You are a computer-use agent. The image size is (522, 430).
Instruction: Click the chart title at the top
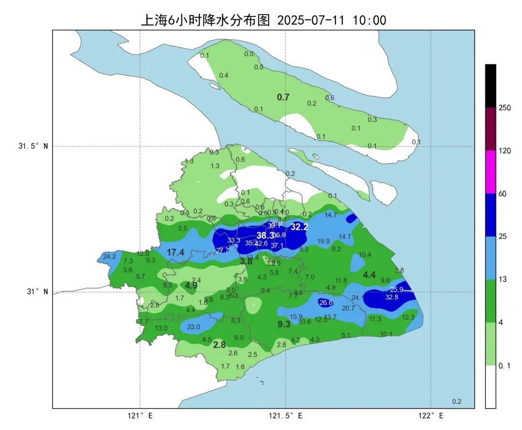[263, 20]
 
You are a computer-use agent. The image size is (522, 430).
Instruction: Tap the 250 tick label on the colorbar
[505, 108]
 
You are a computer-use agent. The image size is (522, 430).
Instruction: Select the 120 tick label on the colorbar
[505, 151]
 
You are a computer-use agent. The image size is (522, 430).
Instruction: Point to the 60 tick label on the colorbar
[503, 194]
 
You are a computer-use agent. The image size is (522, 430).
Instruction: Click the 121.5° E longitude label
[285, 415]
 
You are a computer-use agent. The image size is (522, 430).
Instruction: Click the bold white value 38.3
[265, 235]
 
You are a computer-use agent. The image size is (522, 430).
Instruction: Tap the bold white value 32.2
[299, 226]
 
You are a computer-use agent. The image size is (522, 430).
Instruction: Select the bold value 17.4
[175, 252]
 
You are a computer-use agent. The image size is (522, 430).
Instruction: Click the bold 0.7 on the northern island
[283, 97]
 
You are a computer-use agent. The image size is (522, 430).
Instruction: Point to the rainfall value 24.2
[110, 256]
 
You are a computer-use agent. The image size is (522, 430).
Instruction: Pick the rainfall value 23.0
[193, 327]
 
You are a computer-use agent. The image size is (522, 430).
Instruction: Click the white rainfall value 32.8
[392, 297]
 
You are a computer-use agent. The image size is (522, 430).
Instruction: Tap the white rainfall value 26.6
[326, 303]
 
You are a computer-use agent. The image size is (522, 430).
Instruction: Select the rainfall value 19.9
[323, 241]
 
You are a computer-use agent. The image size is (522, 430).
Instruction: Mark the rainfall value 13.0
[161, 328]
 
